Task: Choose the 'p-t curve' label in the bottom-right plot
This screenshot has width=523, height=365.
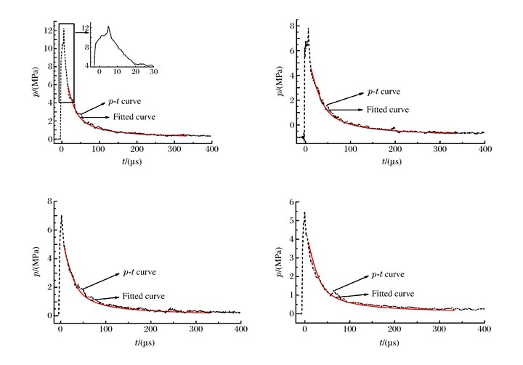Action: pyautogui.click(x=387, y=275)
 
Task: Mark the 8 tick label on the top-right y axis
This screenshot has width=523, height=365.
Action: pyautogui.click(x=291, y=25)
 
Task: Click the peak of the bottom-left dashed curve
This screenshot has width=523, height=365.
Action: pyautogui.click(x=62, y=216)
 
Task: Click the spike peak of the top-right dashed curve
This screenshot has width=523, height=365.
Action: pyautogui.click(x=309, y=29)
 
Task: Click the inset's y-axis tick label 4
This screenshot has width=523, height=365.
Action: pyautogui.click(x=89, y=66)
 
